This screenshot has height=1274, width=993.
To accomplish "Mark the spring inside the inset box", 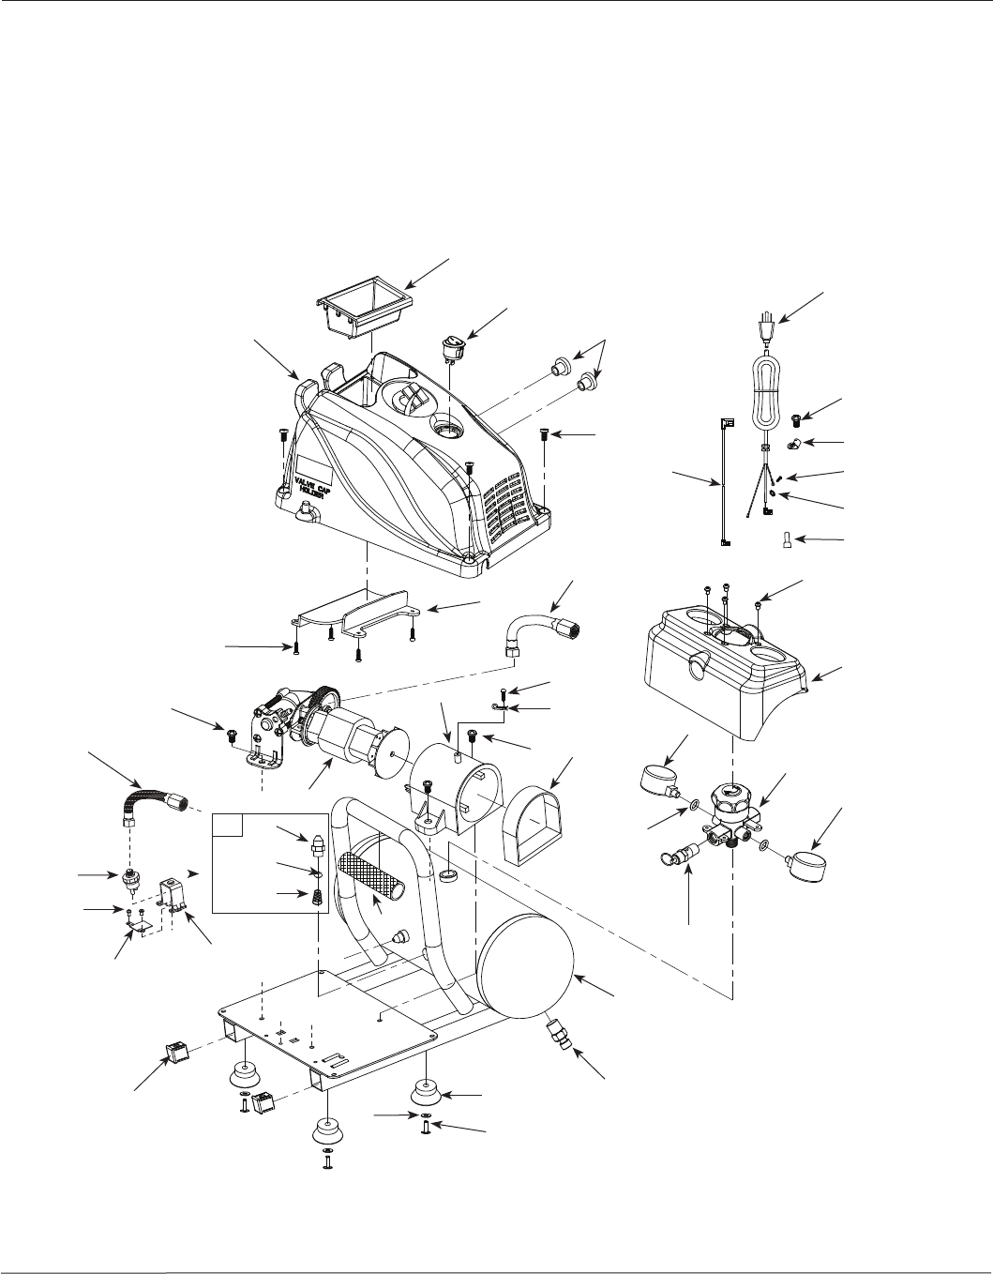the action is coord(316,897).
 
